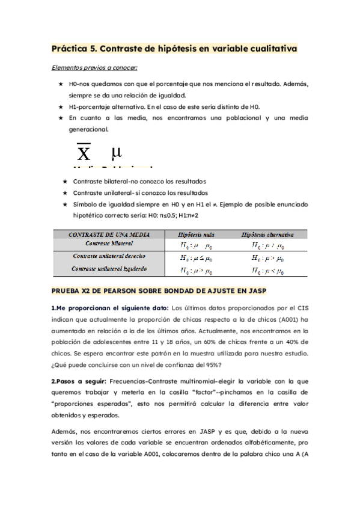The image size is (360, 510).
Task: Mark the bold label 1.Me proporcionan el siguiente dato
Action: (x=110, y=309)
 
